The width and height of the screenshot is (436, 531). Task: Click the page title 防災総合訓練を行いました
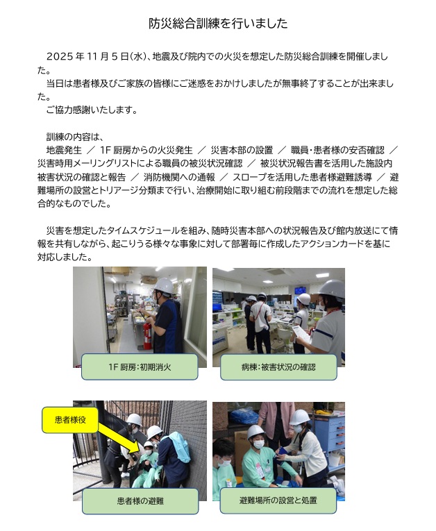[x=218, y=24]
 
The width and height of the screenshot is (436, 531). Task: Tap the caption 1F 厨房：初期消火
[x=140, y=367]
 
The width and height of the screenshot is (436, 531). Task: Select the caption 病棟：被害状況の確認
[x=278, y=367]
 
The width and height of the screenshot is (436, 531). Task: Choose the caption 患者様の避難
[x=140, y=501]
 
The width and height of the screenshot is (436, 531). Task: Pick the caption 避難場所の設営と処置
[x=278, y=500]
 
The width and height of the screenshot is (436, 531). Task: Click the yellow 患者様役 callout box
[x=70, y=420]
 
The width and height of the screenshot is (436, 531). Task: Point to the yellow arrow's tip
[x=140, y=452]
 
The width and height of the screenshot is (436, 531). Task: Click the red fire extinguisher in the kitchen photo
[x=147, y=335]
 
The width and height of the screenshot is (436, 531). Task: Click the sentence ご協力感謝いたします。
[x=92, y=110]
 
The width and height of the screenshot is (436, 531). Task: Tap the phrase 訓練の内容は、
[x=74, y=137]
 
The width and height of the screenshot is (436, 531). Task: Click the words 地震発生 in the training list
[x=64, y=151]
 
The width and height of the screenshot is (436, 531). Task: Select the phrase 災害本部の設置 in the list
[x=242, y=151]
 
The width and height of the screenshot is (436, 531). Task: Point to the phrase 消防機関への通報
[x=179, y=177]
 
